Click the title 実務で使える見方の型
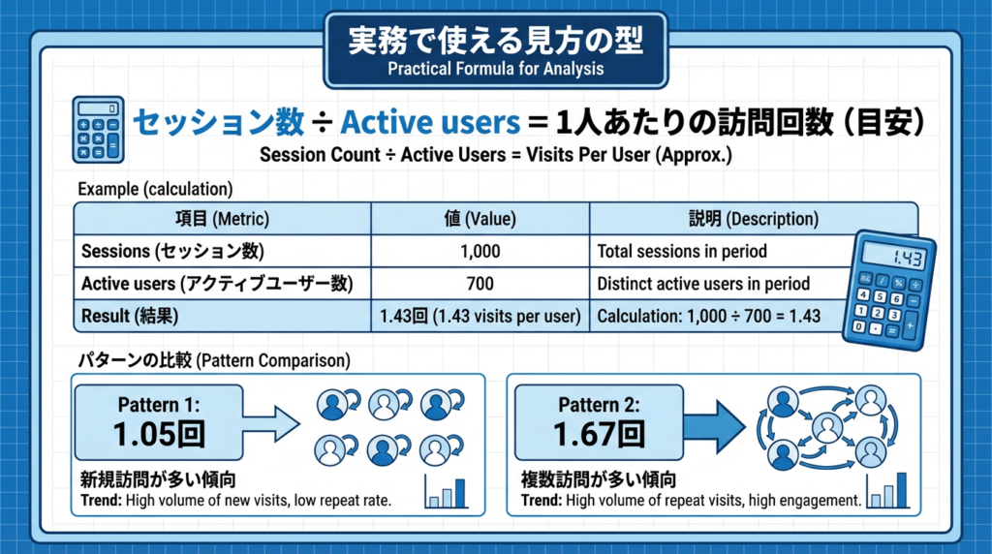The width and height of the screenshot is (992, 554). pos(495,42)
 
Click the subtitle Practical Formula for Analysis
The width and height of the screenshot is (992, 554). pos(495,69)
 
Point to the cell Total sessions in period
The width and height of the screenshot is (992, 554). pos(682,252)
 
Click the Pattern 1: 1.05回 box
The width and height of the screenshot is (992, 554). pos(160,422)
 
